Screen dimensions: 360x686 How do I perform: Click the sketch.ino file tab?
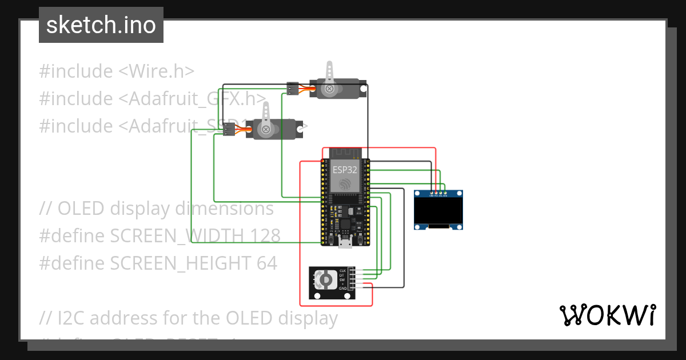tap(101, 25)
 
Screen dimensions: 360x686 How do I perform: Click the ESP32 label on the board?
tap(345, 169)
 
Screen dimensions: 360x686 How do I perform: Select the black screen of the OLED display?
tap(438, 210)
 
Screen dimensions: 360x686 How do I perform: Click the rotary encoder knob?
tap(324, 280)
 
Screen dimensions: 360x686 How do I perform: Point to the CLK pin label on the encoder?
tap(342, 270)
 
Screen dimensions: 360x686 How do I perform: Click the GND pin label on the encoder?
tap(342, 289)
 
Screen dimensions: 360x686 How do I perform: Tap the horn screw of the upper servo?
tap(329, 89)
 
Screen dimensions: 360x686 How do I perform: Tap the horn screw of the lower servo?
tap(266, 130)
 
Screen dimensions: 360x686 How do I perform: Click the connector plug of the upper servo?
tap(292, 89)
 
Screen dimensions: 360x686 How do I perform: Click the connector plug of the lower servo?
tap(229, 130)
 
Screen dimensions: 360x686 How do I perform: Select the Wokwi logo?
tap(607, 315)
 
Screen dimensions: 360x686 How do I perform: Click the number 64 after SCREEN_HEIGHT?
tap(266, 263)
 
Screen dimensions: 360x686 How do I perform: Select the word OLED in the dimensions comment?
tap(81, 209)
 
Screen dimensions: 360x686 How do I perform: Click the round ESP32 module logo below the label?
tap(345, 184)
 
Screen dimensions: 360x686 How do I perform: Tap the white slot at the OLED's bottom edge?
tap(438, 227)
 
